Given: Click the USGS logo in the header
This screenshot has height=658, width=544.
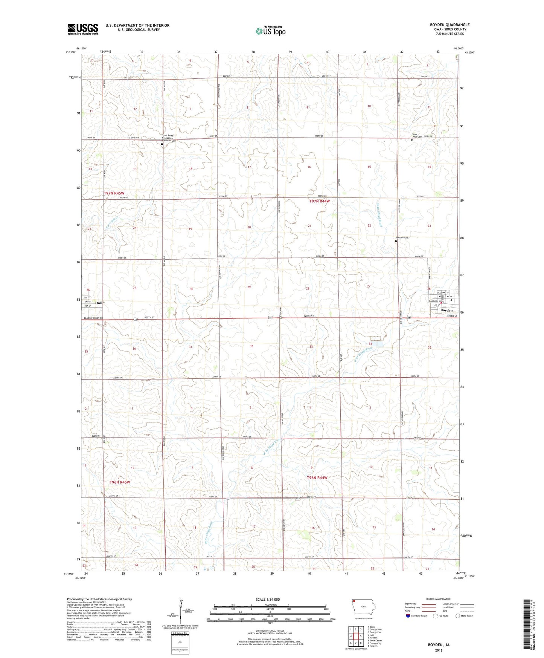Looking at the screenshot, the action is click(83, 29).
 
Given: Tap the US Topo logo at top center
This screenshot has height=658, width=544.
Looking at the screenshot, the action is click(270, 31).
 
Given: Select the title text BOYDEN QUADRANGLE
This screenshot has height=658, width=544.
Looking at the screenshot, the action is click(450, 25).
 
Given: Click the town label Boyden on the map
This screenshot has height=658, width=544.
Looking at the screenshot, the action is click(446, 310).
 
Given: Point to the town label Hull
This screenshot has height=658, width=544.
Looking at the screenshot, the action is click(99, 303).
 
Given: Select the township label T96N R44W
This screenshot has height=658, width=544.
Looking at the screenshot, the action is click(317, 477).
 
